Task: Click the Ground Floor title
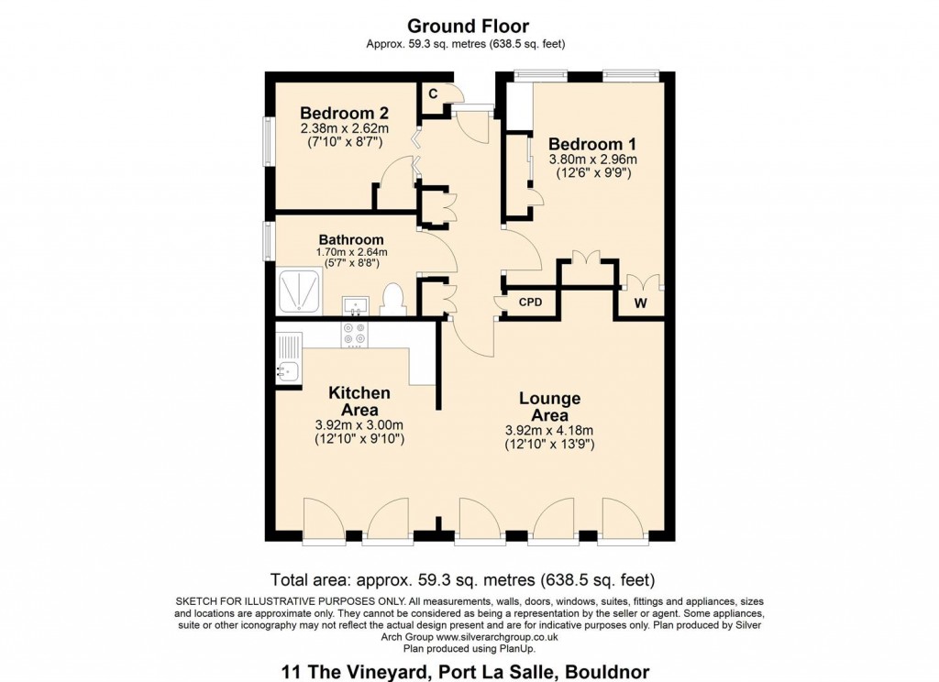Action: (468, 26)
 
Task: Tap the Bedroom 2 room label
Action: (345, 114)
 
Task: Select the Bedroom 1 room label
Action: (591, 144)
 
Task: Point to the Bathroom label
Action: (351, 240)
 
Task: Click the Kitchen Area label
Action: (359, 401)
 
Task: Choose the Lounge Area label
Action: (549, 407)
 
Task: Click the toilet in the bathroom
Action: (392, 300)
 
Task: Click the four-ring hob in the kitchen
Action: (354, 334)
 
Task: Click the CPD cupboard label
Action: (530, 302)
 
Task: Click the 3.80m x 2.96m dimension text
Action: (592, 159)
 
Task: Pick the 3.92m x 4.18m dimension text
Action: (549, 431)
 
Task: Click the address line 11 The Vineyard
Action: (469, 672)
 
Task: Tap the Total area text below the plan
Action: (462, 579)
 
